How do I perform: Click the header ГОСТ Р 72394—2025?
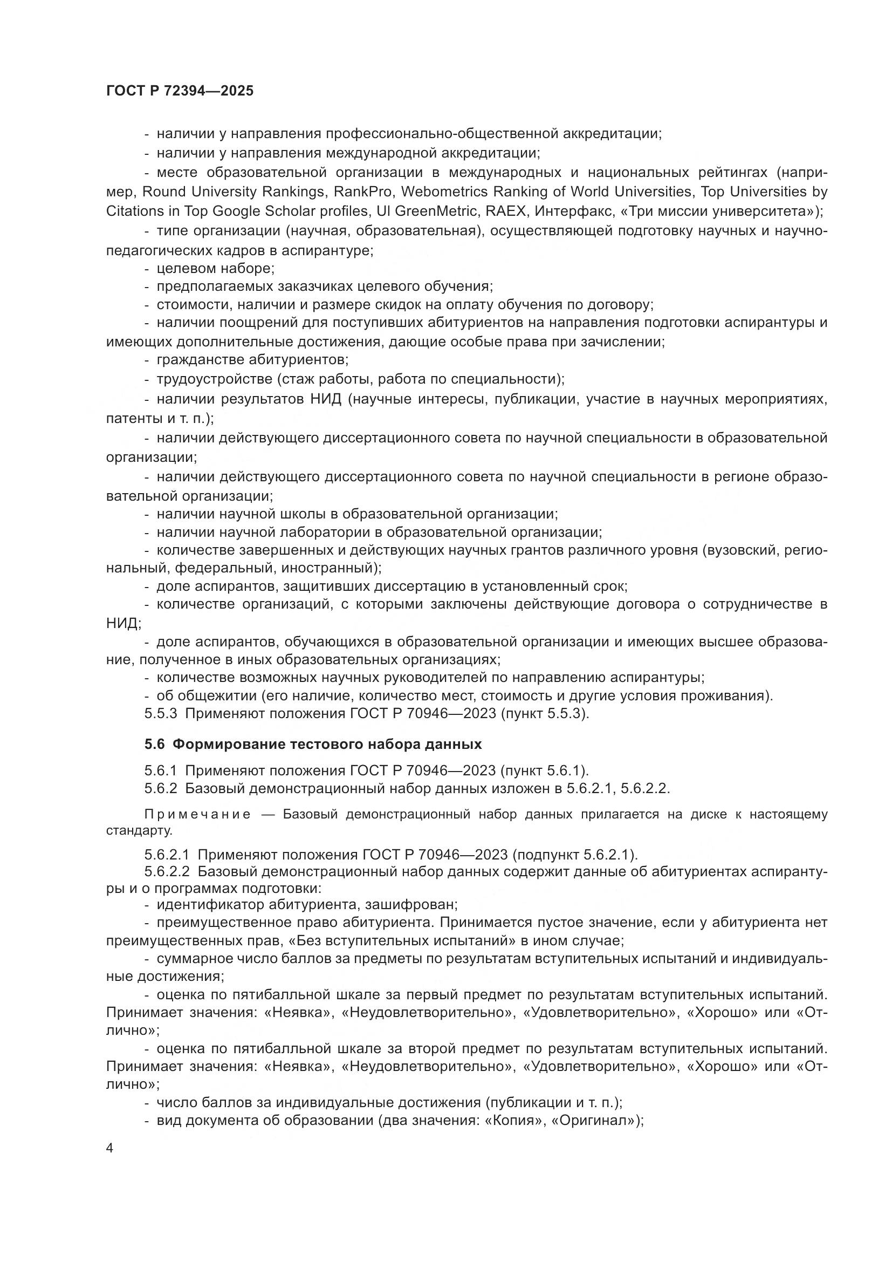(x=180, y=91)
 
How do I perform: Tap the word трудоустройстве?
(x=214, y=379)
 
